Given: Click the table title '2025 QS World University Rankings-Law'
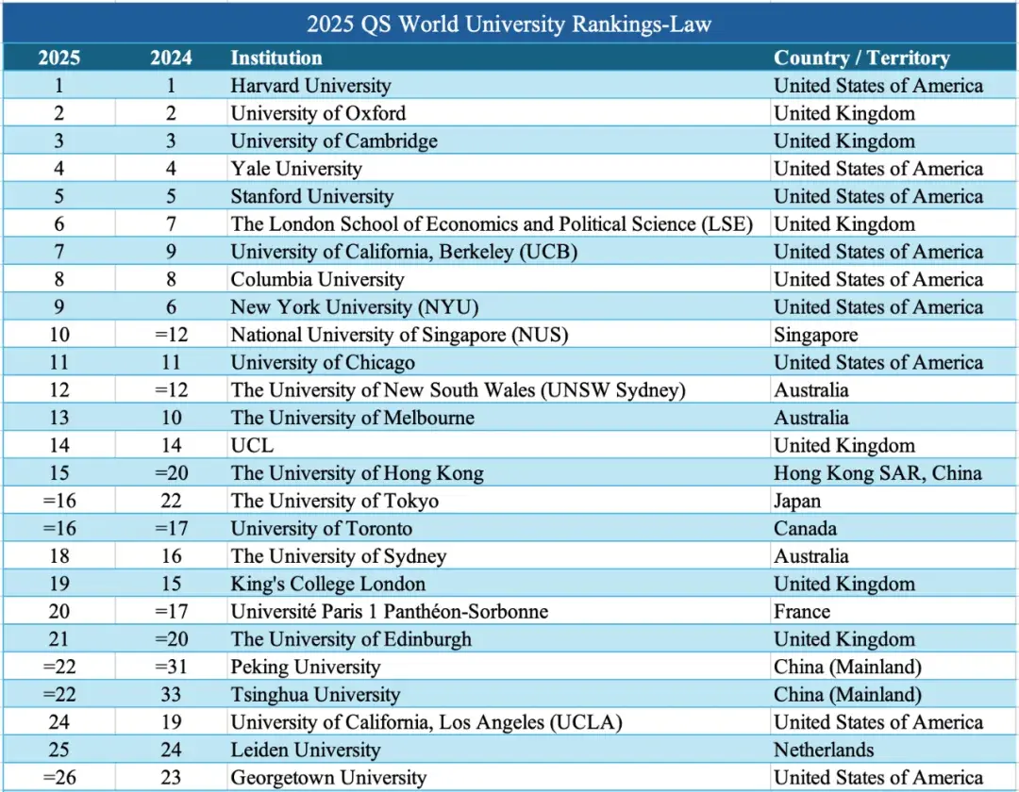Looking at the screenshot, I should click(x=509, y=23).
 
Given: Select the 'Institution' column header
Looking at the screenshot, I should click(x=276, y=58).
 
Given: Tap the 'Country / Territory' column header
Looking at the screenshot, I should click(x=861, y=58).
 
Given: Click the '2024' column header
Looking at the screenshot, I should click(x=171, y=58).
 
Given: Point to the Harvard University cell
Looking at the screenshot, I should click(x=310, y=86).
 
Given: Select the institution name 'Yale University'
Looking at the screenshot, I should click(x=296, y=169).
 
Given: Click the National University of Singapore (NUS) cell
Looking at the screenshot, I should click(x=399, y=335).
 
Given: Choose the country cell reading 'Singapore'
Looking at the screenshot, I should click(x=816, y=335).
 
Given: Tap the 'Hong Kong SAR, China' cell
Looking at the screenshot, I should click(x=877, y=473).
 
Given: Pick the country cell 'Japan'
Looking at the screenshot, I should click(x=797, y=501).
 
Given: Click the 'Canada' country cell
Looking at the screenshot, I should click(x=805, y=528).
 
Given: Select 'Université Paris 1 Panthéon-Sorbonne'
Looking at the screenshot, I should click(x=390, y=611).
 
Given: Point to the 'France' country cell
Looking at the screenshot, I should click(x=802, y=611).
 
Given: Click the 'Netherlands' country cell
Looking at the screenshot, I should click(x=824, y=750).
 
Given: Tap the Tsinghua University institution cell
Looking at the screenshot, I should click(x=315, y=695).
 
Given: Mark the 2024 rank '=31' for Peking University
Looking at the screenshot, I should click(x=171, y=667).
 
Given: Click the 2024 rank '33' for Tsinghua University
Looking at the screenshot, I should click(x=171, y=695).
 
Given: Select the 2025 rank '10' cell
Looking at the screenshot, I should click(x=58, y=335).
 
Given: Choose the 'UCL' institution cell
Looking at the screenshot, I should click(x=251, y=445).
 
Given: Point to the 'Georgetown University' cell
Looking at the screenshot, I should click(x=328, y=778).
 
